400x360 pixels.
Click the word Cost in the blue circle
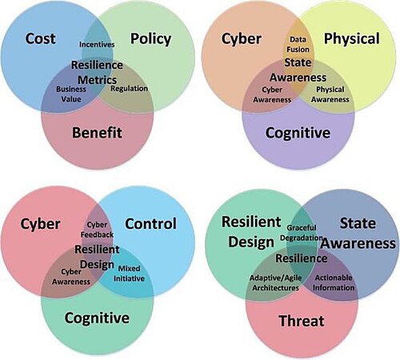tap(41, 38)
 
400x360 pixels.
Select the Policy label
tap(150, 39)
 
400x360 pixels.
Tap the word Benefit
tap(97, 133)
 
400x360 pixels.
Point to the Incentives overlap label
tap(97, 44)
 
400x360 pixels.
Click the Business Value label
tap(71, 94)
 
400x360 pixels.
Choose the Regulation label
tap(129, 89)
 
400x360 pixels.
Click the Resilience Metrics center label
tap(97, 72)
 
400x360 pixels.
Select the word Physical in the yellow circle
tap(352, 39)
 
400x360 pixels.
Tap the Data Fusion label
tap(298, 44)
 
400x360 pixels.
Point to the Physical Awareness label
tap(330, 94)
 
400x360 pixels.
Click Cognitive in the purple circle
tap(298, 133)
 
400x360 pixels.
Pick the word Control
tap(150, 223)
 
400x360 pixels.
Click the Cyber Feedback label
tap(97, 230)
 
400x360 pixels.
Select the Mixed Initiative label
tap(129, 274)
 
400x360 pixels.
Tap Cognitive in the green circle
tap(97, 318)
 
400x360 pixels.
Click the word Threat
tap(302, 321)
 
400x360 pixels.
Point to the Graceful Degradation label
tap(302, 233)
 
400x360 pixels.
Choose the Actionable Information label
tap(334, 282)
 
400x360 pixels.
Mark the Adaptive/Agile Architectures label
tap(276, 282)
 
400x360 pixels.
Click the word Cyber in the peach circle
tap(242, 39)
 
